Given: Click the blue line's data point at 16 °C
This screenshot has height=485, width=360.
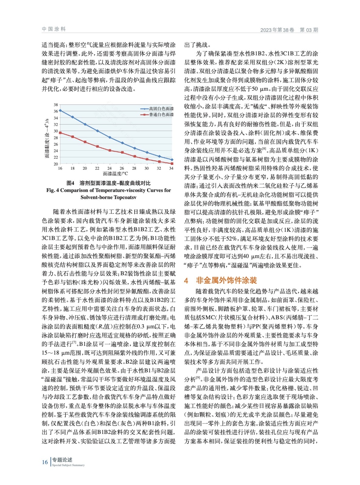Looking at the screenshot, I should point(60,111).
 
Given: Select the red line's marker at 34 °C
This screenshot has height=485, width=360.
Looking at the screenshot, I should point(172,164).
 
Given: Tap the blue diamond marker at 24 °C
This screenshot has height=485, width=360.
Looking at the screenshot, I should point(110,138).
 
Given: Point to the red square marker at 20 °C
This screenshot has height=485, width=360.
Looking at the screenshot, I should point(85,142).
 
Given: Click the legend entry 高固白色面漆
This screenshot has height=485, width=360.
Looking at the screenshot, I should point(161,109).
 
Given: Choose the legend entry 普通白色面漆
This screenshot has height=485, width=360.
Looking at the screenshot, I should point(161,115).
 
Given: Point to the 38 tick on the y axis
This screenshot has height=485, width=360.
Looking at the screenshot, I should point(56,105).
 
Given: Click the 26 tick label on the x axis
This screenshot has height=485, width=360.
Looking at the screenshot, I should point(122,168).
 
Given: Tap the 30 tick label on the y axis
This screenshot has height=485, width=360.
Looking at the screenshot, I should point(56,131).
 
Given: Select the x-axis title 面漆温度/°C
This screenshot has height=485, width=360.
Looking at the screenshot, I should point(115,174).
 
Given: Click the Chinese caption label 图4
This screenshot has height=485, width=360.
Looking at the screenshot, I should point(70,183).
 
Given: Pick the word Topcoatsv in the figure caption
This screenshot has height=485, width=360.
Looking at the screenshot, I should point(124,197).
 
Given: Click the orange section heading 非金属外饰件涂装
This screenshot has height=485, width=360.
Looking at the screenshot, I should point(226,280).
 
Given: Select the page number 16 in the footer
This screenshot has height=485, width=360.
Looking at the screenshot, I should point(45,462).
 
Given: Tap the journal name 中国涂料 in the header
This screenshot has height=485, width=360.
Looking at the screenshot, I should point(54,29).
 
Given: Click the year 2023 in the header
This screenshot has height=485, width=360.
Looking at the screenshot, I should point(266,30).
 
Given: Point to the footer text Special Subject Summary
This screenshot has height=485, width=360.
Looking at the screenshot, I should point(68,465).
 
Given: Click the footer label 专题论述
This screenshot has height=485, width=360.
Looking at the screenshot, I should point(62,460).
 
